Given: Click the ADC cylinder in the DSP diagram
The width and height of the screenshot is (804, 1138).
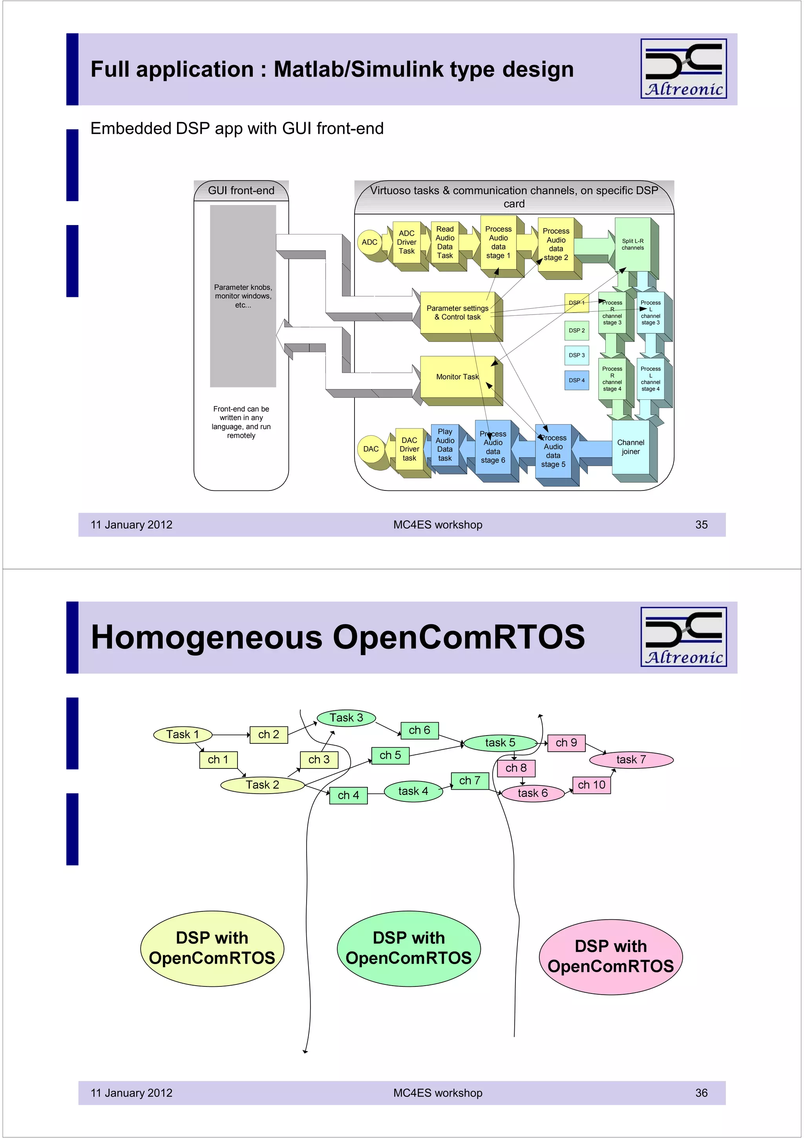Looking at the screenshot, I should tap(369, 242).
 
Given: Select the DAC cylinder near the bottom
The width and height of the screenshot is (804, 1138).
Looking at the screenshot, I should tap(371, 449).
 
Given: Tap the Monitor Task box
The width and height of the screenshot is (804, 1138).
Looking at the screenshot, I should tap(457, 377).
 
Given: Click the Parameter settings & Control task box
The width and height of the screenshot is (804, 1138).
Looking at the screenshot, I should tap(457, 313).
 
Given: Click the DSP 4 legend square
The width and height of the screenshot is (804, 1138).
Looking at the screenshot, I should tap(577, 380).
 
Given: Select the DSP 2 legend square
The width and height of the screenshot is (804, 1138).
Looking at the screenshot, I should tap(577, 331).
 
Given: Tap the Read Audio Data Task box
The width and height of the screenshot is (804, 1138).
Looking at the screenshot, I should tap(445, 242).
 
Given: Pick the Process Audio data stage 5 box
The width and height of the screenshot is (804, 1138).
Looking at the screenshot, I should tap(553, 451).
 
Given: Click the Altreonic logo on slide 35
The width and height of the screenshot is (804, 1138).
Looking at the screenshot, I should tap(683, 68).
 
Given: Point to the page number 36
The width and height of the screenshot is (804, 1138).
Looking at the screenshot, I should tap(702, 1093).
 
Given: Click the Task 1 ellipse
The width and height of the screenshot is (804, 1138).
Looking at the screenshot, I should tap(183, 735).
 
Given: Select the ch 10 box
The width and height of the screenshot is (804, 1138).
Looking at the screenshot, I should tap(592, 785).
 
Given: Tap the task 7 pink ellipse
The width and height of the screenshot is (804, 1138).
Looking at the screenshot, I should tap(631, 760).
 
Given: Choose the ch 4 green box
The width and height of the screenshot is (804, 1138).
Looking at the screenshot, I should tap(348, 796).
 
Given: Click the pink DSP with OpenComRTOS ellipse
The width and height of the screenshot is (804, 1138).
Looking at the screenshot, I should tap(610, 957).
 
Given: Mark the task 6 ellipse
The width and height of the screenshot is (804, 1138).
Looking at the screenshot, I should tap(533, 794).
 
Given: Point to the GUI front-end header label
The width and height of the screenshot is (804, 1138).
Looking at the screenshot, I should tap(241, 191).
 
